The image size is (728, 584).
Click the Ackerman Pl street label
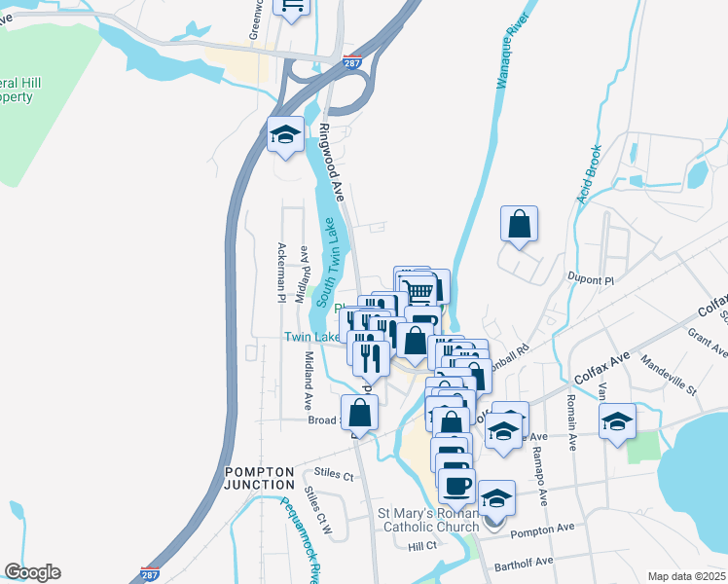[x=281, y=272]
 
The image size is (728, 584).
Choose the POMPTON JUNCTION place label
[x=259, y=478]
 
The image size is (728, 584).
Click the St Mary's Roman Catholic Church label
[x=429, y=521]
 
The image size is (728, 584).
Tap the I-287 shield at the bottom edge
[x=150, y=574]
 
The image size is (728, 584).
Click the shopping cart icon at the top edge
[x=292, y=6]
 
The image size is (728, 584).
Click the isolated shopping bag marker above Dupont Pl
[x=520, y=224]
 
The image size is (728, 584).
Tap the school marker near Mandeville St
[x=617, y=422]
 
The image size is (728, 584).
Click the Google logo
[x=32, y=572]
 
